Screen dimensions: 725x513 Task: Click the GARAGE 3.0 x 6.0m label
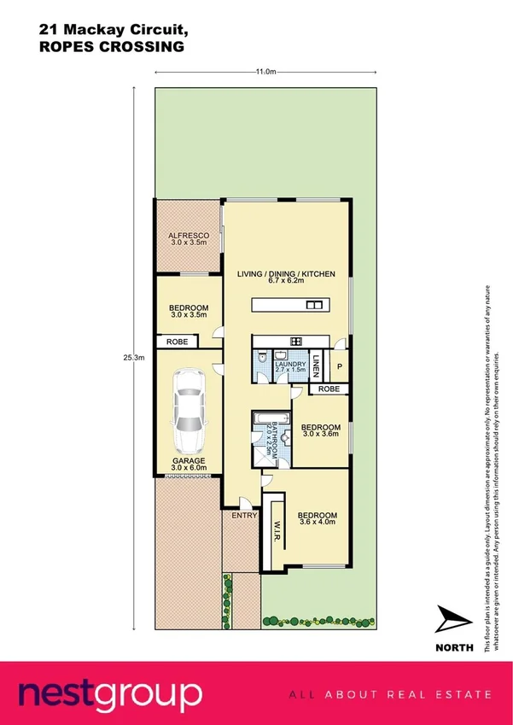[188, 463]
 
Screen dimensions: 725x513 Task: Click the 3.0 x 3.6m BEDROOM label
[322, 430]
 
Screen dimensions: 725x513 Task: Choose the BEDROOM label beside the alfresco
[189, 312]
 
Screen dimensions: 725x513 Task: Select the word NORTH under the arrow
[454, 646]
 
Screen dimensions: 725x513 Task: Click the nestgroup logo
[111, 693]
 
